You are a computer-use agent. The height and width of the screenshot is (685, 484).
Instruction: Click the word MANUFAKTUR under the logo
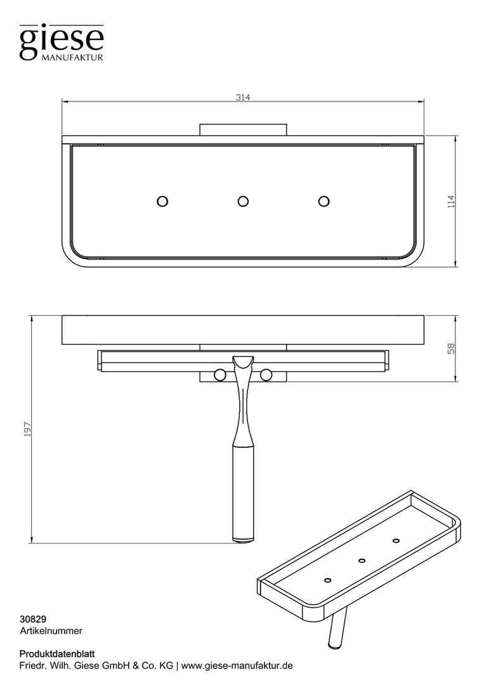click(72, 57)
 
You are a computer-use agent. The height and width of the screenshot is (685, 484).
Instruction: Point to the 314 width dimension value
click(243, 98)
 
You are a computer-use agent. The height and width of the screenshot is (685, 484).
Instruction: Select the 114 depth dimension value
click(451, 202)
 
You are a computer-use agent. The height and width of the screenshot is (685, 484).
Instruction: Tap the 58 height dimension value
click(451, 348)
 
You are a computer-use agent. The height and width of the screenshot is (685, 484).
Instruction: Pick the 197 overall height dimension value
click(28, 429)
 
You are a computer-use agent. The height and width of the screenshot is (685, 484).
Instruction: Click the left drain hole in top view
click(162, 202)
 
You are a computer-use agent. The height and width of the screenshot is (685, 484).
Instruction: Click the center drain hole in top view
click(244, 202)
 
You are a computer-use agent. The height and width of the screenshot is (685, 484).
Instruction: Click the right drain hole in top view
click(324, 202)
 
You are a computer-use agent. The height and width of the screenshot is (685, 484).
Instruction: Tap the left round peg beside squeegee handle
click(219, 374)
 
